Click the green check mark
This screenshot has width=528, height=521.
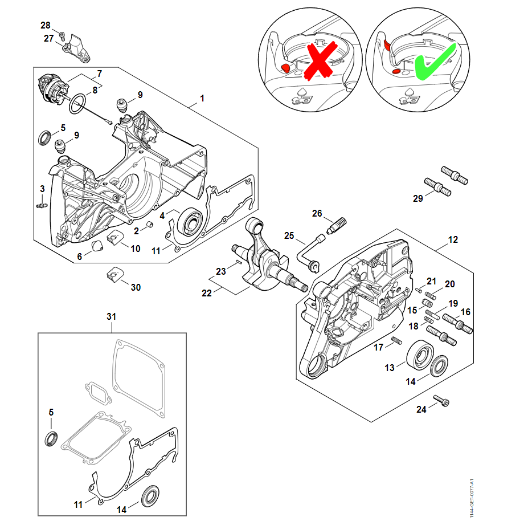point(434,63)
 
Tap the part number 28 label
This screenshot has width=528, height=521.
point(45,25)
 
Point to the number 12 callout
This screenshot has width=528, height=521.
point(453,240)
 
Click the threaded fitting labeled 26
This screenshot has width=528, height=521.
point(337,224)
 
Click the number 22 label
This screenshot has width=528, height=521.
point(206,292)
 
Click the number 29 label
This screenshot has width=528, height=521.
point(418,198)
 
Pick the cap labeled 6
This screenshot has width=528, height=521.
point(97,246)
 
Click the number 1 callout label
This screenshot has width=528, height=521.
point(202,99)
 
